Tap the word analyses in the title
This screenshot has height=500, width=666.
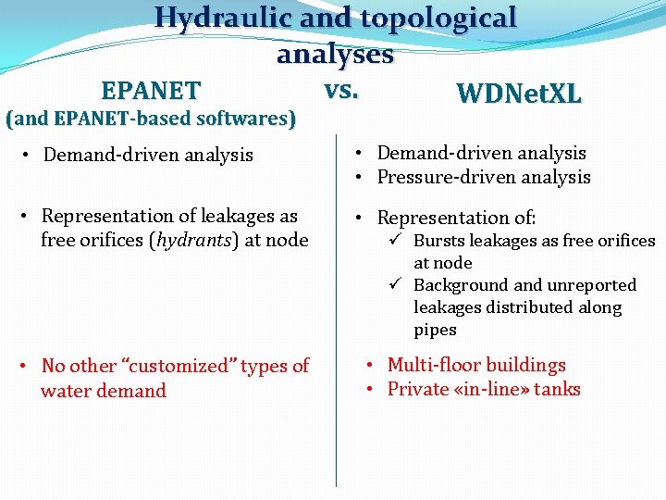point(335,55)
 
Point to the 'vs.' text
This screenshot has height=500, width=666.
point(341,90)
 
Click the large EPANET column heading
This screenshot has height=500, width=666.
point(151,91)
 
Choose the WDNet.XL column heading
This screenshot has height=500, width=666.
point(519,94)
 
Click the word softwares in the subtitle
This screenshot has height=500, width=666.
point(240,119)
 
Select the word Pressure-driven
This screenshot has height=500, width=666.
point(438,177)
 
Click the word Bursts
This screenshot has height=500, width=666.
point(438,241)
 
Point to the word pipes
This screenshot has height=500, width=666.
point(435,330)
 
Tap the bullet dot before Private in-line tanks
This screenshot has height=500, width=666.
point(368,389)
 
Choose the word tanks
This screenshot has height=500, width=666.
point(556,389)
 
